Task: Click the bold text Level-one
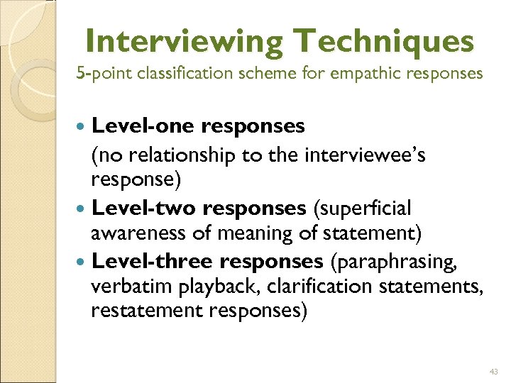144,126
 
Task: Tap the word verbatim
122,287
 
